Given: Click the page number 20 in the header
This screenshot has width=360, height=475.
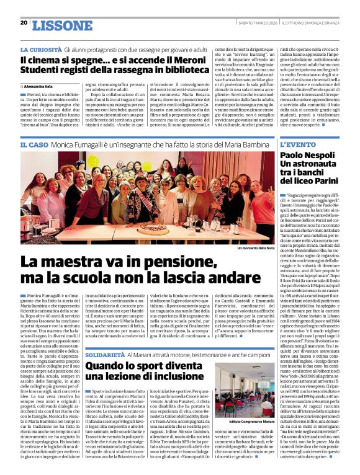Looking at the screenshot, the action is click(24, 23).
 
